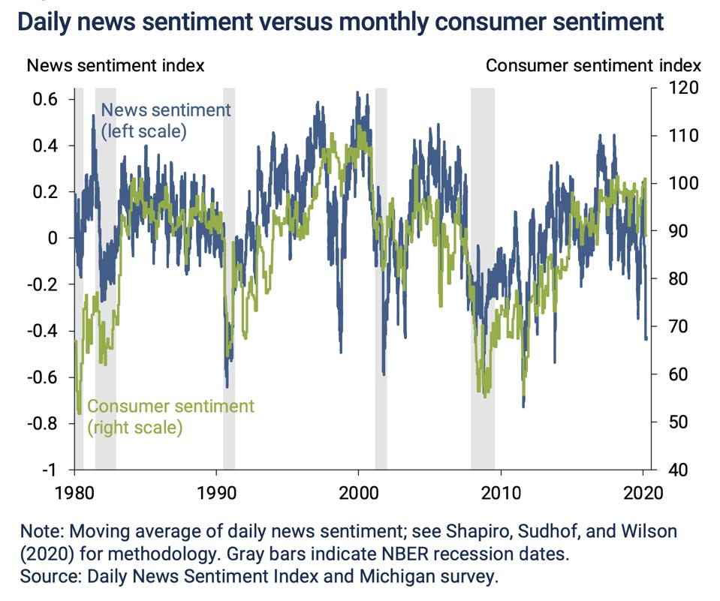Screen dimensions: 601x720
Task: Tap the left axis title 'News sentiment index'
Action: tap(116, 65)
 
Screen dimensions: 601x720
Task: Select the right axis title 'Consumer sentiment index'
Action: tap(593, 65)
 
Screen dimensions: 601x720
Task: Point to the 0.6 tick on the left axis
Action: tap(55, 99)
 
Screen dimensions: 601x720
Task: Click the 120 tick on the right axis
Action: tap(685, 89)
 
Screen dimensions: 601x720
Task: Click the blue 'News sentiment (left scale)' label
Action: tap(165, 120)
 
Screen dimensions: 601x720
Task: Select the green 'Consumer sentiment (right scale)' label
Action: tap(170, 417)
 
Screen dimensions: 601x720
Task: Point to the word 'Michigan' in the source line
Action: tap(405, 577)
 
